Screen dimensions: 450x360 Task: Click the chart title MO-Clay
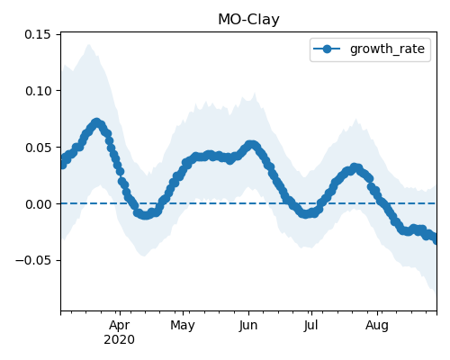click(x=248, y=20)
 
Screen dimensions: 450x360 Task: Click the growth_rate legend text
click(x=387, y=49)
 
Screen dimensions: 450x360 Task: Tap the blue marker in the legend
click(x=327, y=49)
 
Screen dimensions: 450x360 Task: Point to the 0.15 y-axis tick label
click(x=38, y=34)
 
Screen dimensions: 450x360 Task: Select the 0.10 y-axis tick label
click(x=38, y=91)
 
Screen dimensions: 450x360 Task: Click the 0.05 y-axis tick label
click(x=38, y=148)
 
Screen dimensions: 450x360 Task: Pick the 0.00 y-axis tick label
click(x=38, y=204)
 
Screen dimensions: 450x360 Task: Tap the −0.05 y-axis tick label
click(x=33, y=260)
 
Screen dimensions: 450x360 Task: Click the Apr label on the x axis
click(x=120, y=325)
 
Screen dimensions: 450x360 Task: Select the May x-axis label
click(x=183, y=325)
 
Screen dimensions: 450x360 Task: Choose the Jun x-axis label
click(x=248, y=325)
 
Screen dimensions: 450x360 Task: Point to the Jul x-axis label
click(x=310, y=325)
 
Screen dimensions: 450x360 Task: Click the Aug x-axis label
click(x=377, y=325)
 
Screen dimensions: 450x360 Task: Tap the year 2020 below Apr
click(x=119, y=340)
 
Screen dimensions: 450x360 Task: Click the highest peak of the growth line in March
click(x=96, y=122)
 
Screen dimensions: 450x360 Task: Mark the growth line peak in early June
click(x=251, y=145)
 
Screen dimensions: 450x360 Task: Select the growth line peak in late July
click(x=355, y=167)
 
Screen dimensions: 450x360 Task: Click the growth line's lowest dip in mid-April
click(x=145, y=215)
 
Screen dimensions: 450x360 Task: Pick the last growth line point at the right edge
click(x=436, y=239)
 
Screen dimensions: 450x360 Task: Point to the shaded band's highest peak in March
click(x=89, y=44)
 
